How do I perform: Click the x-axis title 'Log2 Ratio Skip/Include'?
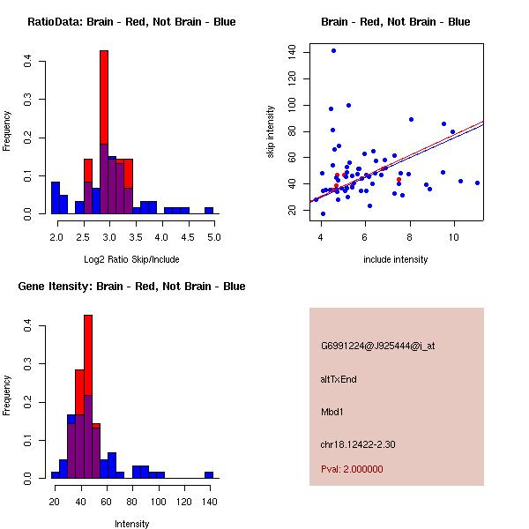[x=131, y=259]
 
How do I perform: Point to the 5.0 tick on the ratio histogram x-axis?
[x=214, y=236]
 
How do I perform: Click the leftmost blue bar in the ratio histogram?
[x=56, y=197]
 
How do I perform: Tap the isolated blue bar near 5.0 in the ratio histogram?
[x=209, y=211]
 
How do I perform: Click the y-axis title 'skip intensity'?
[x=272, y=132]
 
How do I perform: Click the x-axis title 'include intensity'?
[x=396, y=259]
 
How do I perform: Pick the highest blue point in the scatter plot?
[x=333, y=50]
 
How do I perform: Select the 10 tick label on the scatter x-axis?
[x=453, y=236]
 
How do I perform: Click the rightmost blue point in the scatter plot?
[x=477, y=183]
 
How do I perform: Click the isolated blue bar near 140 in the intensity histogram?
[x=209, y=474]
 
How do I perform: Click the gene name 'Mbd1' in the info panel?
[x=332, y=412]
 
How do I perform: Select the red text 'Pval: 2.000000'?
[x=352, y=469]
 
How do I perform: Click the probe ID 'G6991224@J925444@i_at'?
[x=377, y=346]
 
